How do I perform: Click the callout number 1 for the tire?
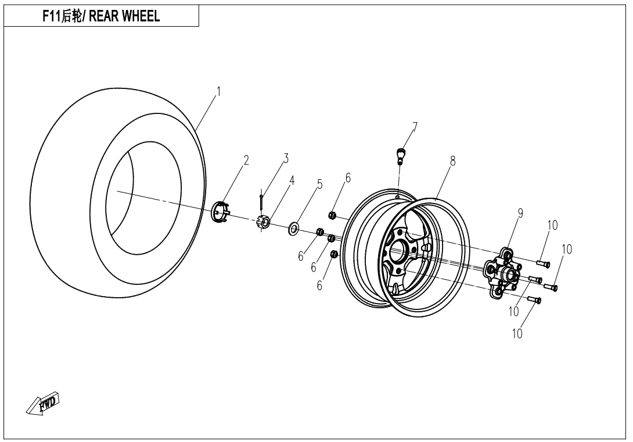(218, 91)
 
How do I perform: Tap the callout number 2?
(246, 161)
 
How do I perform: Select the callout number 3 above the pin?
(286, 158)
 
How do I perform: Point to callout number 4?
(292, 180)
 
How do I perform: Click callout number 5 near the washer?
(319, 184)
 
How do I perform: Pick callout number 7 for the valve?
(415, 126)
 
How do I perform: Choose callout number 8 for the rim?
(452, 162)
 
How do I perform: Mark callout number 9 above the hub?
(520, 213)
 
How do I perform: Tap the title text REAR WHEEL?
(101, 17)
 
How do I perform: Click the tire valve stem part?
(399, 155)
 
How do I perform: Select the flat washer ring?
(294, 227)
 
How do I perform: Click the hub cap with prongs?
(220, 212)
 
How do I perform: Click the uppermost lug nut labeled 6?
(333, 215)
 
